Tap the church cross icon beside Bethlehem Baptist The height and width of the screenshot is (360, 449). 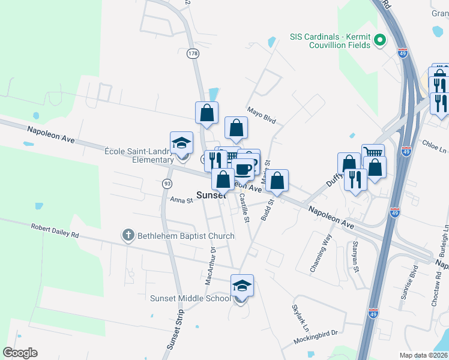pos(127,235)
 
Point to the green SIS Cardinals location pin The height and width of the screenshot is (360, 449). pos(379,40)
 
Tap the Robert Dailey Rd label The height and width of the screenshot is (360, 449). pos(55,232)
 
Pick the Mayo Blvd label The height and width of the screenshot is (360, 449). pos(262,115)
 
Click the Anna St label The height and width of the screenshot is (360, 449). pos(181,200)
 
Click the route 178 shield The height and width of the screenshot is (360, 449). pos(192,54)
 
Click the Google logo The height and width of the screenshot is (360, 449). pos(20,352)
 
